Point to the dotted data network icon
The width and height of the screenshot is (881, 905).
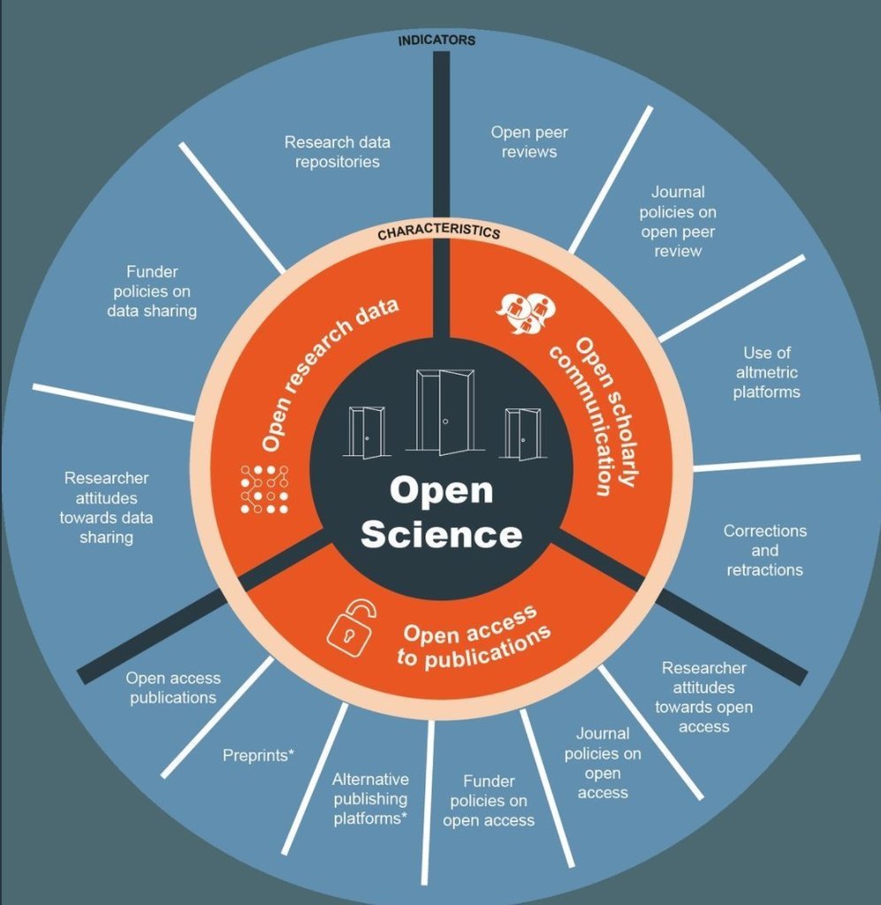pyautogui.click(x=264, y=489)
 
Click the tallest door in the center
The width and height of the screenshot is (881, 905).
pyautogui.click(x=445, y=411)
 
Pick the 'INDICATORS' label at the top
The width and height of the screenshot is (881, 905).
pyautogui.click(x=437, y=41)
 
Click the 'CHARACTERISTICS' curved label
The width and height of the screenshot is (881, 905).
pyautogui.click(x=438, y=233)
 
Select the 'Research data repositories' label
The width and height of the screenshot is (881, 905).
pyautogui.click(x=337, y=152)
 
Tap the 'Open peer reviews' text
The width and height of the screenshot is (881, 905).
pyautogui.click(x=529, y=142)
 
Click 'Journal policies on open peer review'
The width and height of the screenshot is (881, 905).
pyautogui.click(x=678, y=221)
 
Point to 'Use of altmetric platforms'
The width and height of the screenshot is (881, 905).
pyautogui.click(x=766, y=372)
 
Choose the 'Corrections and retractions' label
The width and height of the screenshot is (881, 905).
pyautogui.click(x=765, y=550)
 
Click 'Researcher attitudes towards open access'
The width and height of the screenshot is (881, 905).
pyautogui.click(x=704, y=696)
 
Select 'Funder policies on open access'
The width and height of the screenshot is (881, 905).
pyautogui.click(x=489, y=800)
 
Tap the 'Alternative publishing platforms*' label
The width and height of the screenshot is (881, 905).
pyautogui.click(x=370, y=798)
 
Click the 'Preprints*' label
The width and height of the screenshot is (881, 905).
pyautogui.click(x=258, y=756)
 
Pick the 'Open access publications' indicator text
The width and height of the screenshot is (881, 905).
pyautogui.click(x=173, y=688)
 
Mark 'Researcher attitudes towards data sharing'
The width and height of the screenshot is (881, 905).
pyautogui.click(x=106, y=507)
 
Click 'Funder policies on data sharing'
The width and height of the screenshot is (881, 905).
pyautogui.click(x=152, y=292)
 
